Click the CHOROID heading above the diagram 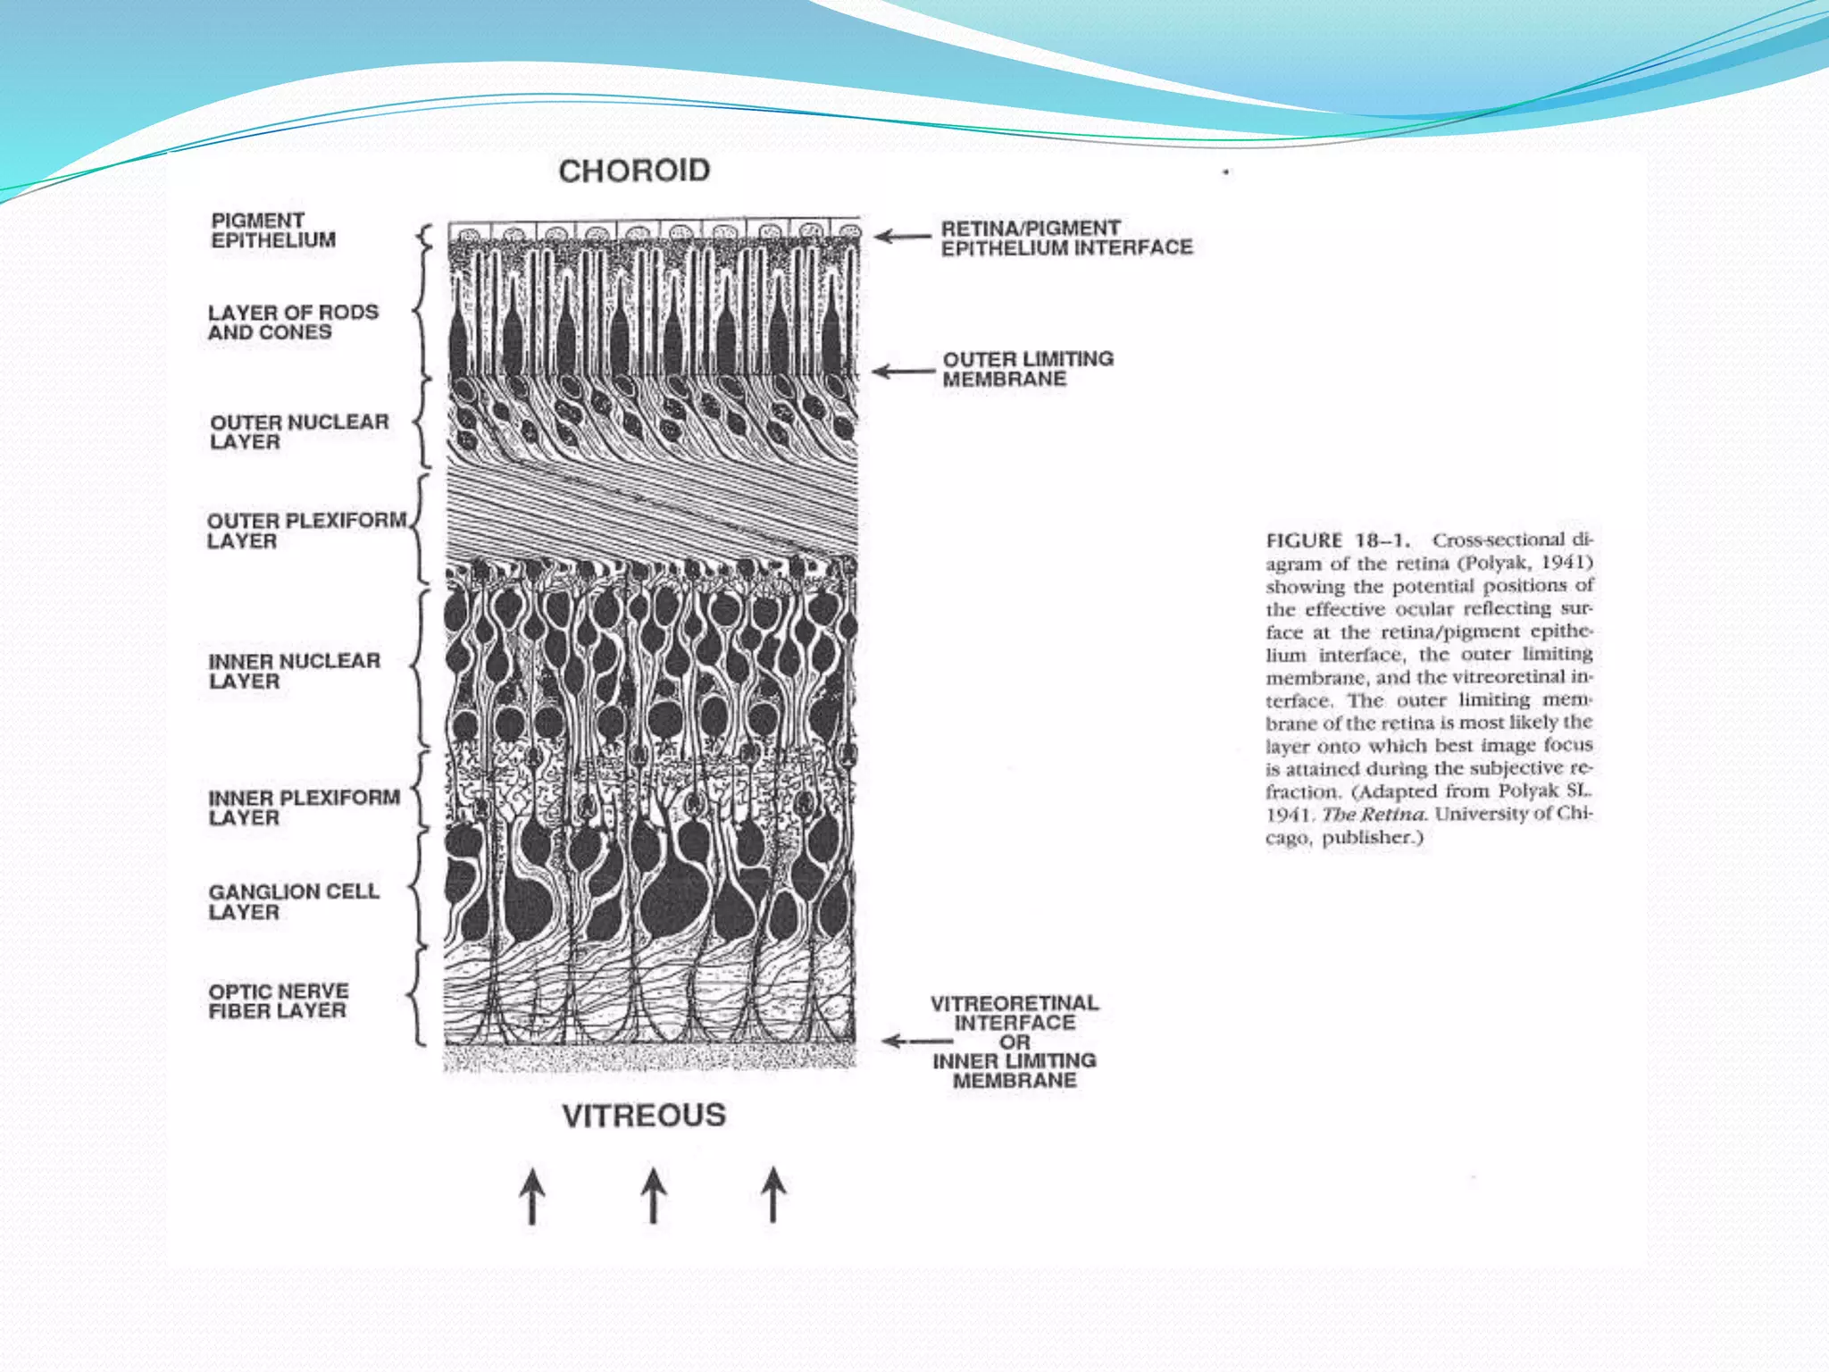634,171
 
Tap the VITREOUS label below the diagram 644,1116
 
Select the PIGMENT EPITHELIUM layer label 273,230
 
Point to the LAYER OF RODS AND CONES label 293,322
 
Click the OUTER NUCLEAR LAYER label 299,431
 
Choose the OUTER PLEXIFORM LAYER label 306,531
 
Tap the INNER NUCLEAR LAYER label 294,671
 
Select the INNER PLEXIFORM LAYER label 304,807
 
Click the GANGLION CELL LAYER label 294,901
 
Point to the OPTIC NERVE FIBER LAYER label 279,1001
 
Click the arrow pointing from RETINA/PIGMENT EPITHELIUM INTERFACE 902,237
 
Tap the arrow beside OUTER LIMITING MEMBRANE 902,371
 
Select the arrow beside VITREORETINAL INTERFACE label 915,1042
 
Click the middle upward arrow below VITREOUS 653,1195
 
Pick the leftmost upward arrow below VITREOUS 532,1195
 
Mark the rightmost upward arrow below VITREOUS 773,1194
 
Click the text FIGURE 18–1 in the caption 1338,540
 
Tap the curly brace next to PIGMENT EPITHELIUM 426,238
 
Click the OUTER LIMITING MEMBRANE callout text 1028,369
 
